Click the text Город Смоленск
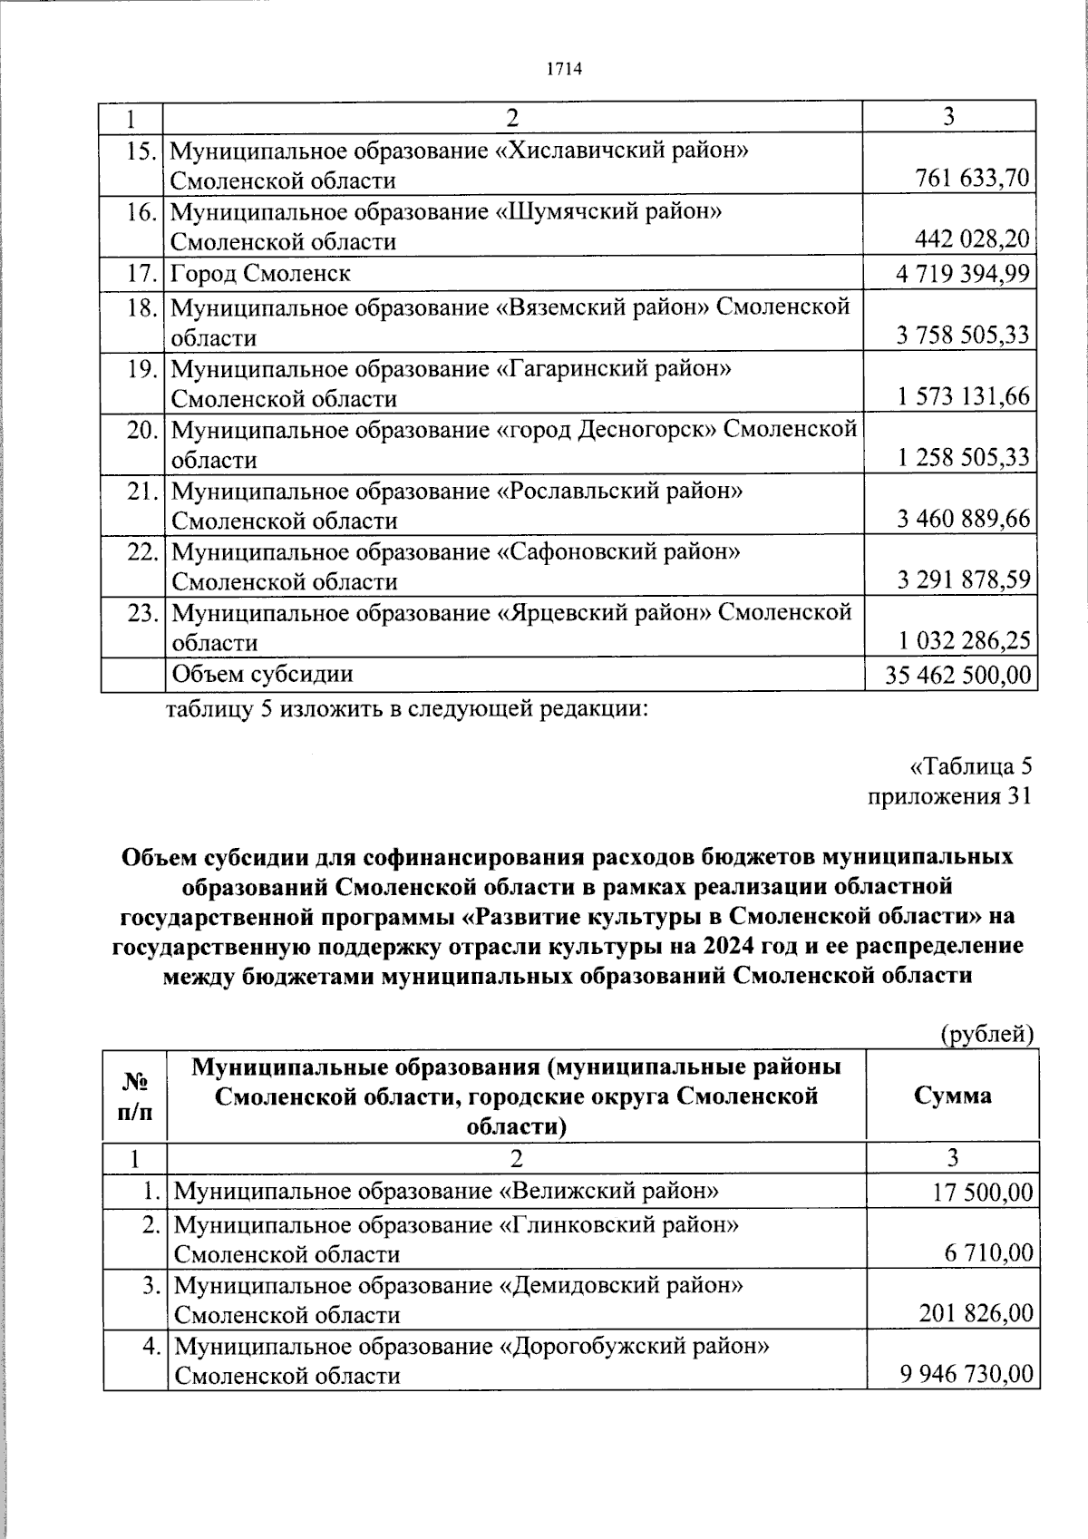coord(260,273)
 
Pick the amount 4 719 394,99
coord(961,273)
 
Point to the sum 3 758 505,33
coord(964,336)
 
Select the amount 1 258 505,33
coord(964,458)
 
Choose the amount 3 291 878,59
coord(964,580)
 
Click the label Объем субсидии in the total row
coord(263,674)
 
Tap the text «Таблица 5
coord(970,767)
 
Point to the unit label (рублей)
coord(986,1033)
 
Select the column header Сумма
coord(952,1096)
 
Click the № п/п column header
coord(135,1096)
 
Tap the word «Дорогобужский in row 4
coord(589,1346)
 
